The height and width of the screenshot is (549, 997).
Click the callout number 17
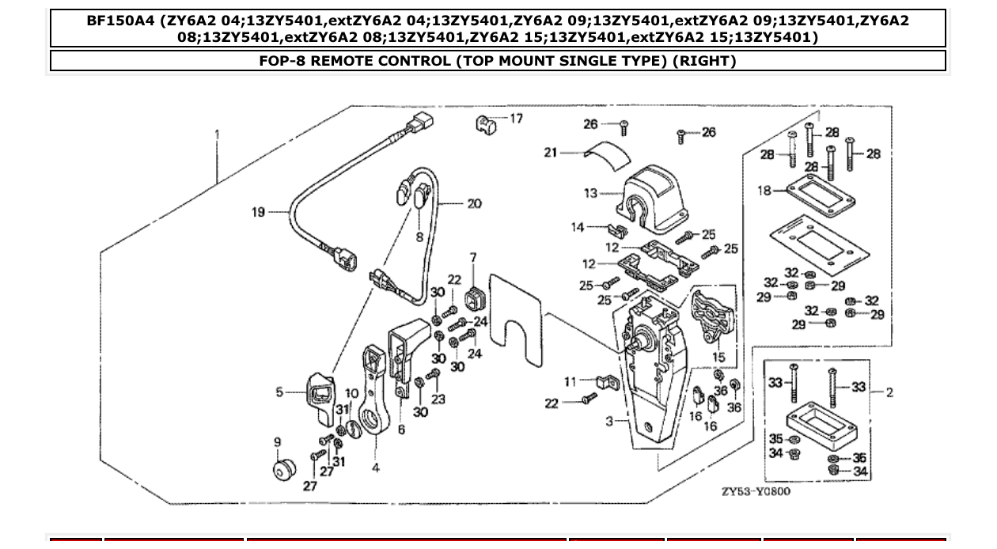516,119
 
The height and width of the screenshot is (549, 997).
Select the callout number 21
551,152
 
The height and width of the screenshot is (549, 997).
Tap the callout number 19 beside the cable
259,212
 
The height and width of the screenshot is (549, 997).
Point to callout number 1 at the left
217,135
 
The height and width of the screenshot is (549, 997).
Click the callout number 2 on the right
889,392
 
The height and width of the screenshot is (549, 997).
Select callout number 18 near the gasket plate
764,191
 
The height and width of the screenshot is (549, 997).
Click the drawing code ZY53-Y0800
755,491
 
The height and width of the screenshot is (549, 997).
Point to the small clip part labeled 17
485,123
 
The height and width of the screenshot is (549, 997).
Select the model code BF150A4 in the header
120,21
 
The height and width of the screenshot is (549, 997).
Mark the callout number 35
775,439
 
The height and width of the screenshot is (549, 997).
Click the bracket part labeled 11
607,383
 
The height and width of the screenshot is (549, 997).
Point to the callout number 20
473,203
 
